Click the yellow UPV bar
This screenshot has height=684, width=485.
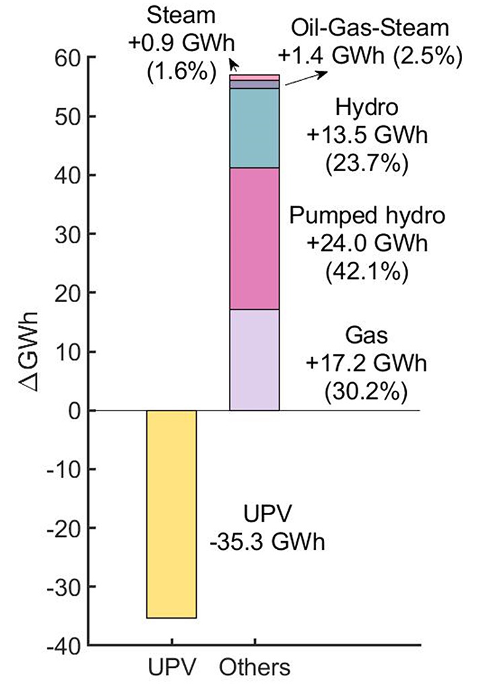171,514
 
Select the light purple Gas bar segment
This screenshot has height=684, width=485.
255,360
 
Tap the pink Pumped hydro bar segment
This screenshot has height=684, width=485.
255,239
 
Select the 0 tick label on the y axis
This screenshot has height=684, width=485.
72,411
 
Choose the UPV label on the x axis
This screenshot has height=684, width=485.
171,668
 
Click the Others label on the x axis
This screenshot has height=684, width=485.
255,668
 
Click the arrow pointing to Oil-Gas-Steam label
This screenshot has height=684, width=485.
306,78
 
